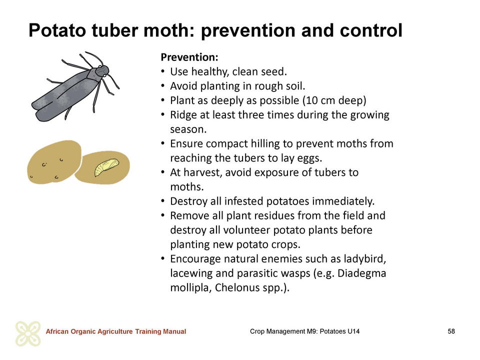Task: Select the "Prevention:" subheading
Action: pos(189,57)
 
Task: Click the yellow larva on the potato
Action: pos(106,167)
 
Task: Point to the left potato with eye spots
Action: pos(54,162)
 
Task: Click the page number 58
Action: pos(451,331)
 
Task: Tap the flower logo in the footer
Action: pos(28,333)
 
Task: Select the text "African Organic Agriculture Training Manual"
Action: pos(116,331)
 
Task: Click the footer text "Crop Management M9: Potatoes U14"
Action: pos(304,331)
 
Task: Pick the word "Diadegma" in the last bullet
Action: pos(361,273)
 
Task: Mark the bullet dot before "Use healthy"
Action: pos(163,72)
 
